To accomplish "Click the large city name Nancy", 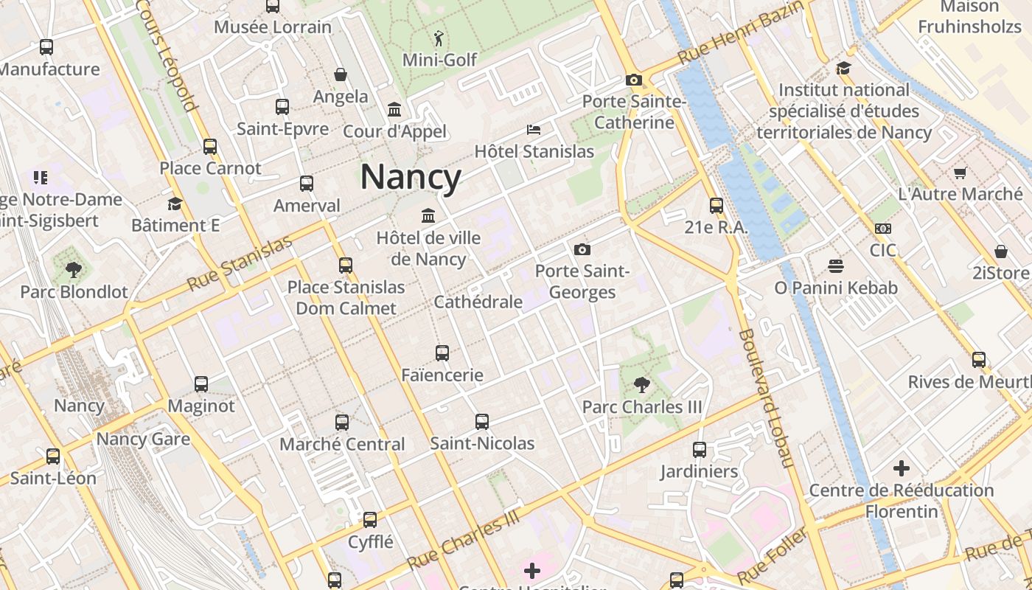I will click(x=411, y=177).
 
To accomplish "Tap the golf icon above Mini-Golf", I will click(x=439, y=37).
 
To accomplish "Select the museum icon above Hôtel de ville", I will click(x=428, y=215).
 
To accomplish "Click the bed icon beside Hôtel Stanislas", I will click(x=534, y=130).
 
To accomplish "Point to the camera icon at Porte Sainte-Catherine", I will click(x=633, y=80).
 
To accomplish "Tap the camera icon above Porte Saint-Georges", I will click(x=582, y=249).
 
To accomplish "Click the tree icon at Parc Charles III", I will click(x=641, y=384).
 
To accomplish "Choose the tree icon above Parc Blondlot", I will click(x=73, y=269).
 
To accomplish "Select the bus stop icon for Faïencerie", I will click(x=442, y=353).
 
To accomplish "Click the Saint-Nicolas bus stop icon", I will click(x=482, y=421).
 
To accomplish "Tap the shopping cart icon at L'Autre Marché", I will click(x=960, y=173).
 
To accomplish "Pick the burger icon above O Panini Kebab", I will click(x=835, y=265).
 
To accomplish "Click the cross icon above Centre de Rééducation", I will click(x=901, y=468).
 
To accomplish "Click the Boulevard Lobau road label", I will click(x=766, y=398).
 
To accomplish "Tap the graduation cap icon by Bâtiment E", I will click(x=175, y=204).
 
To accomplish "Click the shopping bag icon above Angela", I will click(x=341, y=74).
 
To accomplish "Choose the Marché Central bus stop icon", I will click(x=342, y=422).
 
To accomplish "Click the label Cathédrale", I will click(x=478, y=302).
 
